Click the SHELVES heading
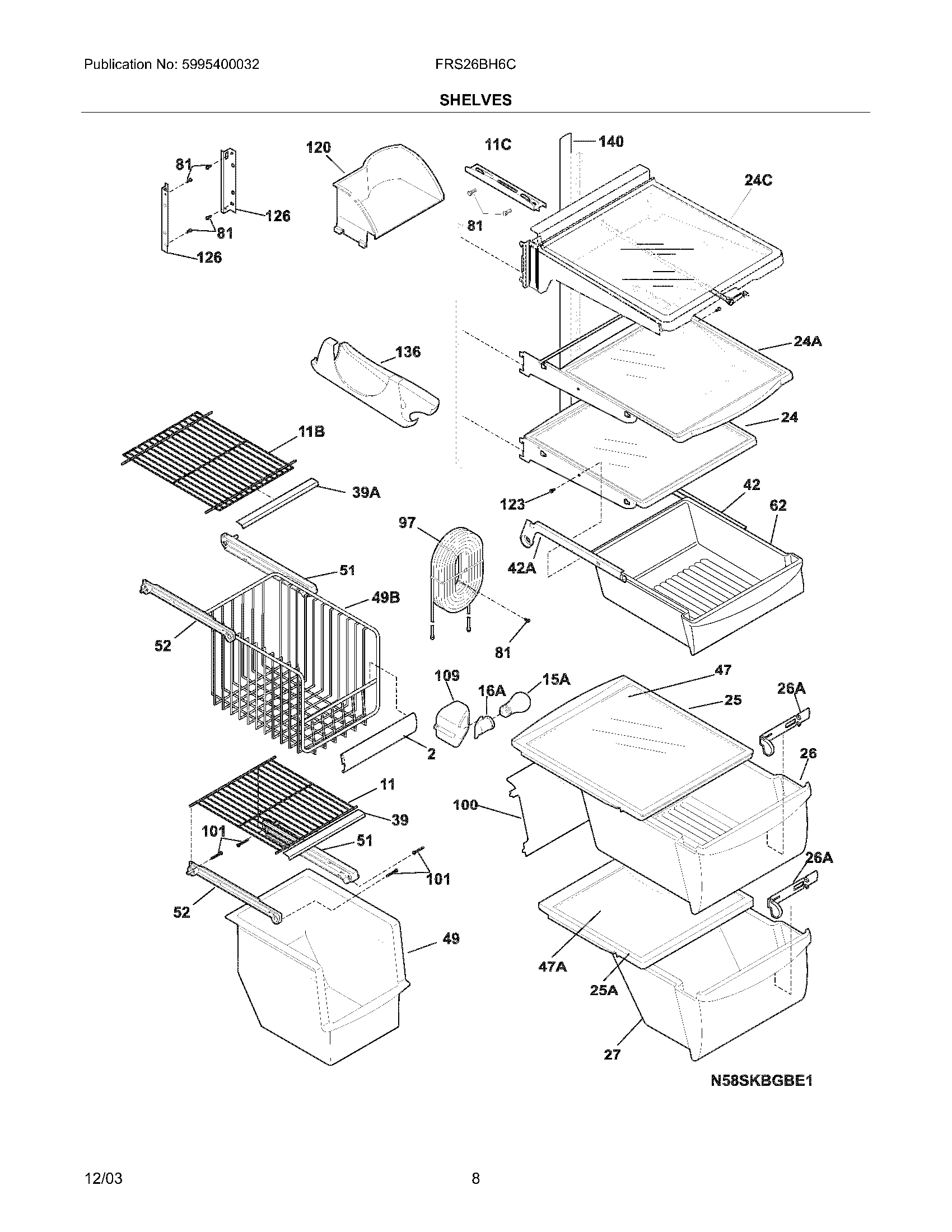click(475, 100)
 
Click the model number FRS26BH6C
click(475, 65)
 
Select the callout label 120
click(318, 148)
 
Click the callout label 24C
click(758, 180)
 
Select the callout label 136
click(408, 352)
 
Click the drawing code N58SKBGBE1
click(762, 1081)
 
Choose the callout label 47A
click(553, 967)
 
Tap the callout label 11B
click(311, 432)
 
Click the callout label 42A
click(522, 567)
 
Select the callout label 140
click(611, 142)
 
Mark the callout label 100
click(465, 805)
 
